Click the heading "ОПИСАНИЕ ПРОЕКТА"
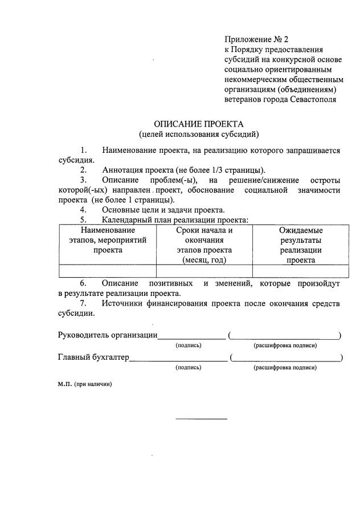[x=199, y=124]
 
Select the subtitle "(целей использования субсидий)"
[x=199, y=135]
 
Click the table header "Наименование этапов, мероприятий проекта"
[x=108, y=240]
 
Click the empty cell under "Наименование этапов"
[x=108, y=271]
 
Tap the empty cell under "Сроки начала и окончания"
[x=204, y=271]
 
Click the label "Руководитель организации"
[x=108, y=335]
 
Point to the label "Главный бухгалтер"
[x=93, y=358]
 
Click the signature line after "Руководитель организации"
[x=191, y=338]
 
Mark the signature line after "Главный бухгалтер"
[x=178, y=360]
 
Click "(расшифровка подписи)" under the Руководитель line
[x=285, y=346]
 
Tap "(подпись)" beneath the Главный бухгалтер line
[x=189, y=368]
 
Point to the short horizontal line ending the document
[x=201, y=419]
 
